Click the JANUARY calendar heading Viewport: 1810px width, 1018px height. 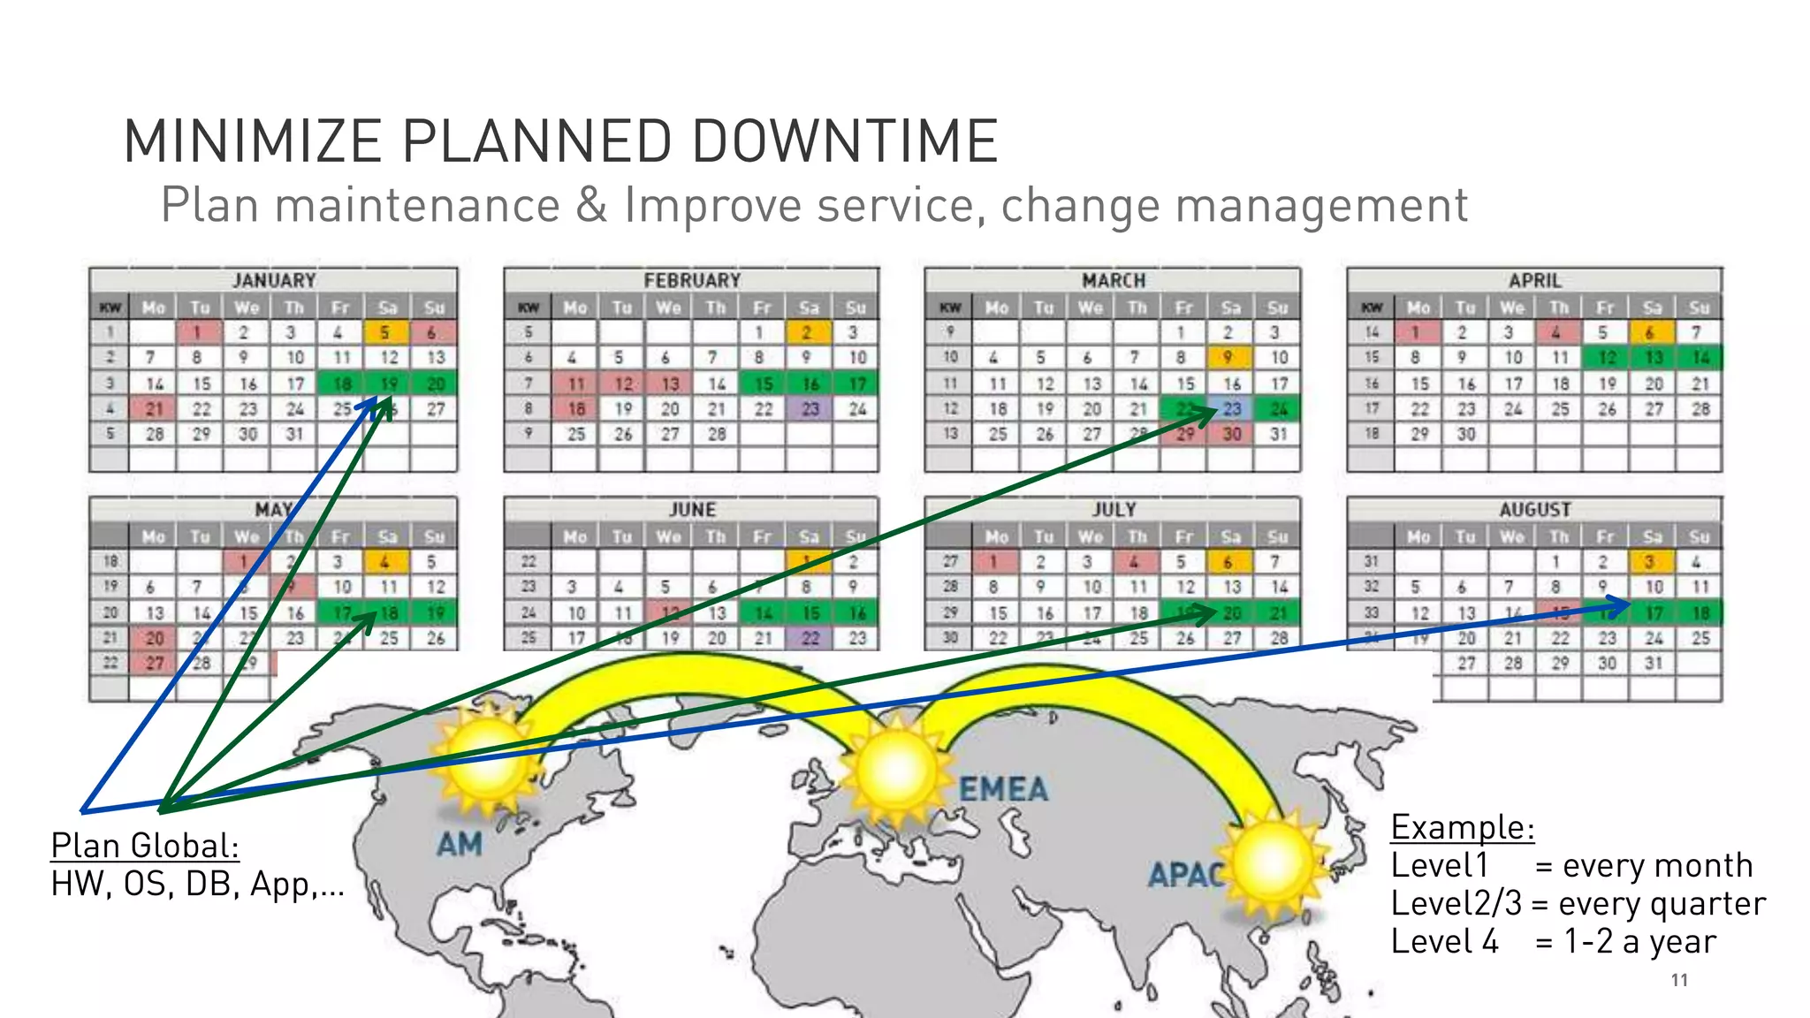coord(274,280)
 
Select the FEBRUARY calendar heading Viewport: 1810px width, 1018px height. coord(692,280)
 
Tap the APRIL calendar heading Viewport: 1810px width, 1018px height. coord(1534,280)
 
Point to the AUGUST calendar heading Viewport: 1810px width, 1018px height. coord(1534,510)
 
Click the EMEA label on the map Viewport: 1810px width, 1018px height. coord(1003,789)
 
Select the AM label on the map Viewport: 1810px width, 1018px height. coord(460,844)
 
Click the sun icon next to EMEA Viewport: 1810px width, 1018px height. coord(897,766)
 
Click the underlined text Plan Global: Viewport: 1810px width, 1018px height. coord(145,846)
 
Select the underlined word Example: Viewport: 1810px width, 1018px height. coord(1463,827)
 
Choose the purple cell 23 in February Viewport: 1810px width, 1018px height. coord(810,409)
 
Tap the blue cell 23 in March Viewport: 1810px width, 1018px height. coord(1232,409)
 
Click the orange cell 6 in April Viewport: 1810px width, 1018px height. coord(1650,333)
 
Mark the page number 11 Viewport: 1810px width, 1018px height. coord(1679,980)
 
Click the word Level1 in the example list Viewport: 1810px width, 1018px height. coord(1440,865)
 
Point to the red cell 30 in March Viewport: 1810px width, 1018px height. coord(1232,434)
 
